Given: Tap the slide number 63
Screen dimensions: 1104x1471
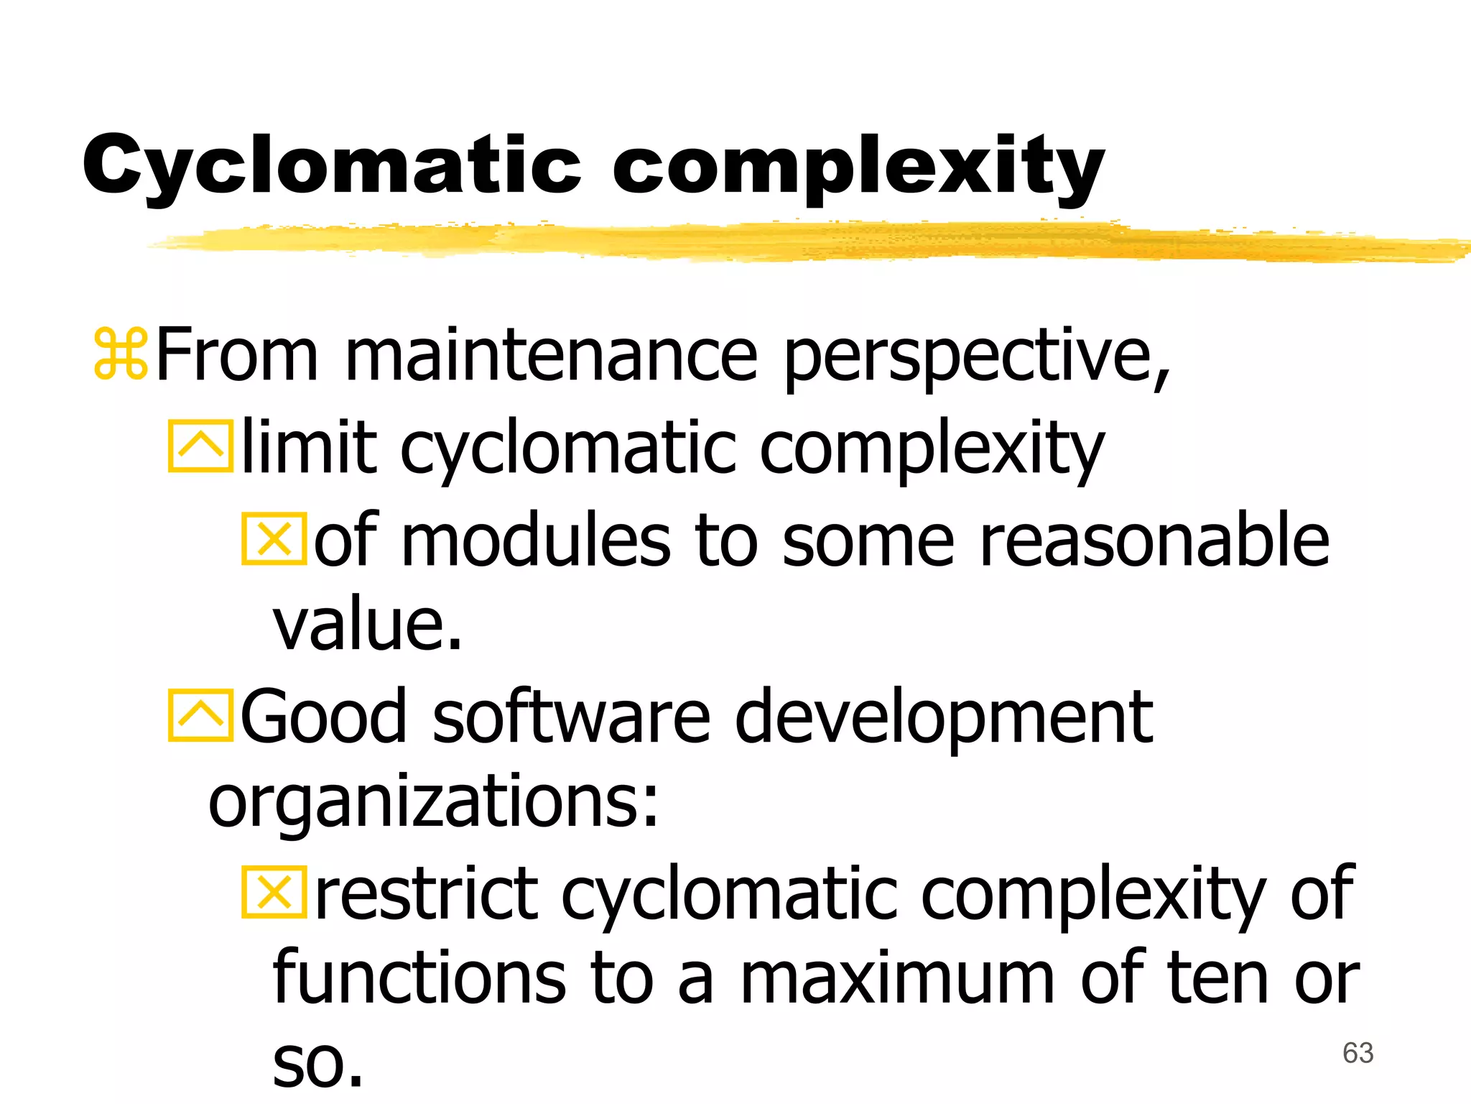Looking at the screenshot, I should click(1358, 1053).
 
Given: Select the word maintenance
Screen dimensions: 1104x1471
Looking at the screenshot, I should click(551, 355).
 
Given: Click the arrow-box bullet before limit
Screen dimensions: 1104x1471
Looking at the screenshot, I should click(200, 446).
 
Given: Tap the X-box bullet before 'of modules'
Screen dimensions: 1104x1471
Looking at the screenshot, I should click(274, 538).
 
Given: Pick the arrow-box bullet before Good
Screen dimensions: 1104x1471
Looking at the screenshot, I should click(200, 714).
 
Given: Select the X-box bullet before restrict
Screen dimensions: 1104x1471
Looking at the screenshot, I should click(274, 893).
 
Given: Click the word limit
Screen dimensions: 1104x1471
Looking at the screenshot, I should click(309, 447).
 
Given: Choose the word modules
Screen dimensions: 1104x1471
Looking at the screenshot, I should click(535, 540).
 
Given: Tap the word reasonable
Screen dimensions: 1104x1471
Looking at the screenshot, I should click(1154, 540).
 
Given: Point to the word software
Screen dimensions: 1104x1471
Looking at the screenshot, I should click(571, 716).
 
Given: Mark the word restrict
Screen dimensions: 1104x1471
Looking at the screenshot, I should click(427, 894).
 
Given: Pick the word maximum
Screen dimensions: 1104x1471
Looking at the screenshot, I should click(897, 979).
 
